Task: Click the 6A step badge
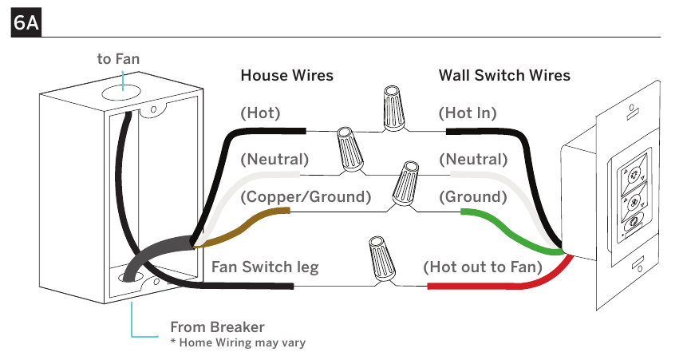(26, 22)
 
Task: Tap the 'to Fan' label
(118, 58)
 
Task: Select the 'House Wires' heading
(287, 75)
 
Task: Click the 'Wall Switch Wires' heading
(504, 75)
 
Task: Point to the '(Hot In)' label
(468, 113)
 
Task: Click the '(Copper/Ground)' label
(306, 196)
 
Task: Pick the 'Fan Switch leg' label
(265, 267)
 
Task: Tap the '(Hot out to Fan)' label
(483, 267)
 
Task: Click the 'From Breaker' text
(217, 327)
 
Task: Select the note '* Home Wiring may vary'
(238, 342)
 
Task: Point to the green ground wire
(511, 234)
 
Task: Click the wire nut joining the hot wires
(393, 109)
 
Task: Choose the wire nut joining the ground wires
(405, 184)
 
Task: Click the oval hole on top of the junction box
(120, 93)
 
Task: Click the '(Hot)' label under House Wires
(260, 113)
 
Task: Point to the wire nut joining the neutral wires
(351, 150)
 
